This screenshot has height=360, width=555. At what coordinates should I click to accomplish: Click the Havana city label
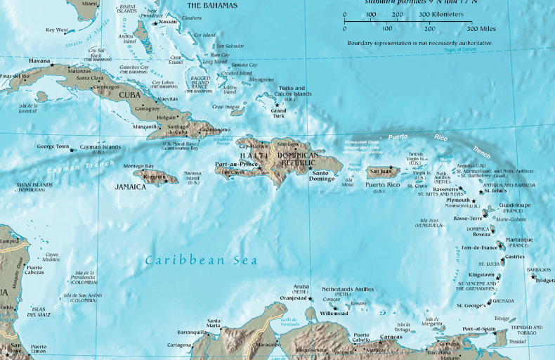pyautogui.click(x=39, y=60)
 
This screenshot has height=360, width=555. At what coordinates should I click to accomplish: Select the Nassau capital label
pyautogui.click(x=168, y=22)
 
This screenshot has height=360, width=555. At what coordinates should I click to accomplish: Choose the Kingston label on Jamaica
pyautogui.click(x=154, y=176)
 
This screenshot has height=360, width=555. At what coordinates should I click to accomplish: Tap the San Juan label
pyautogui.click(x=381, y=170)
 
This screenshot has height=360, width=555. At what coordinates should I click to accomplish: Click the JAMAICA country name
pyautogui.click(x=131, y=188)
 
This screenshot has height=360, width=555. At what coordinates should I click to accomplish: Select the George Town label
pyautogui.click(x=53, y=147)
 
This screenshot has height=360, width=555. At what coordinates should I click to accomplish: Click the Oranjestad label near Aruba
pyautogui.click(x=294, y=298)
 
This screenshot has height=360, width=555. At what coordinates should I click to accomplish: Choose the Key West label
pyautogui.click(x=57, y=30)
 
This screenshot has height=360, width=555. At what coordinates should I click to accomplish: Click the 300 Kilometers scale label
pyautogui.click(x=441, y=14)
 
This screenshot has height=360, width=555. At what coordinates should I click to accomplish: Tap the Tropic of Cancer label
pyautogui.click(x=459, y=50)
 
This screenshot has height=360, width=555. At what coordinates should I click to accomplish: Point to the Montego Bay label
pyautogui.click(x=138, y=166)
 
